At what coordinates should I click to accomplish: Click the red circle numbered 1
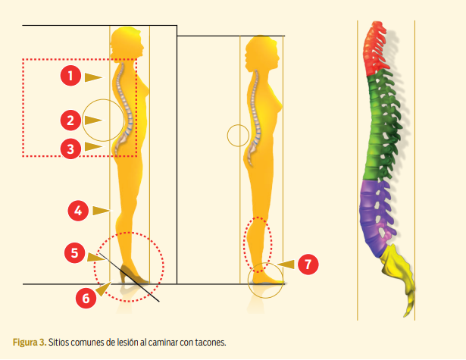point(70,76)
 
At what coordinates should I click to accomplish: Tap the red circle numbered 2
point(70,119)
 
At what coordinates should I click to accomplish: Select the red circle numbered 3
point(70,148)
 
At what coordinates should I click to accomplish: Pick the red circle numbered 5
point(74,253)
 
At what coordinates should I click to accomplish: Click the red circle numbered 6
point(86,297)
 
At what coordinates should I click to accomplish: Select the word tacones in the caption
point(210,342)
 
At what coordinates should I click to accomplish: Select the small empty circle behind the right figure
point(238,136)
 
